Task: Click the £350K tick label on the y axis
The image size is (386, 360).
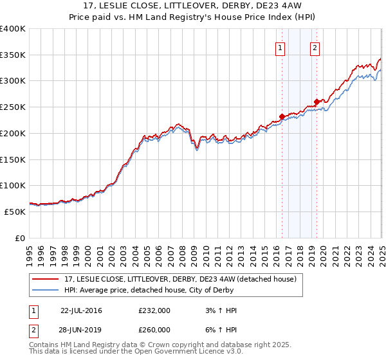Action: click(x=13, y=55)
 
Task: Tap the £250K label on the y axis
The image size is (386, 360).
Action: click(x=13, y=107)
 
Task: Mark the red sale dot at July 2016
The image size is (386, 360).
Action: click(x=282, y=116)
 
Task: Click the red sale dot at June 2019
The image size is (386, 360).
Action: click(x=317, y=101)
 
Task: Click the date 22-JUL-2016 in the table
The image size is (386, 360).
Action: click(x=81, y=310)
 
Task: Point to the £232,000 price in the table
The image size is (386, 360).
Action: click(x=154, y=310)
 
